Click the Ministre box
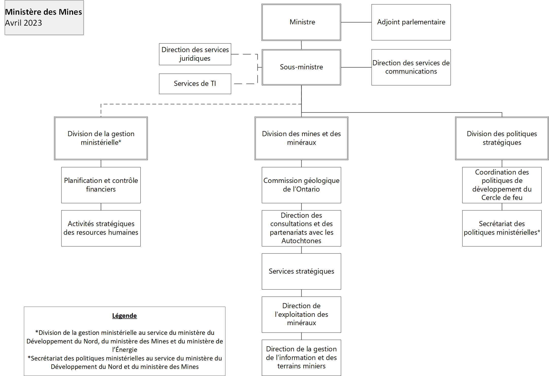point(301,22)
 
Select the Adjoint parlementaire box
point(411,22)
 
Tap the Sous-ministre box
point(301,67)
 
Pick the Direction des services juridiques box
point(195,54)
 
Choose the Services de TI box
point(195,84)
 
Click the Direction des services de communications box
point(411,67)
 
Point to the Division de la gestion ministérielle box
point(101,138)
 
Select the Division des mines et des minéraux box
point(301,138)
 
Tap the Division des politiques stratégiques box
point(502,138)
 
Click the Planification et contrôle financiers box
point(101,185)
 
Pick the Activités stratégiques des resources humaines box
point(101,228)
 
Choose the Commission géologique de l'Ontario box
point(301,185)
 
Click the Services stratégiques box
point(301,271)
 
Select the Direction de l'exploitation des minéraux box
point(301,315)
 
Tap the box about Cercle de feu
point(502,185)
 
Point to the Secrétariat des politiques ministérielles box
point(502,228)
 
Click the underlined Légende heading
point(124,316)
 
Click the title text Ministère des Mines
point(43,12)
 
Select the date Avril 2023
point(23,23)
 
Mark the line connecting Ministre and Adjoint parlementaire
point(356,22)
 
